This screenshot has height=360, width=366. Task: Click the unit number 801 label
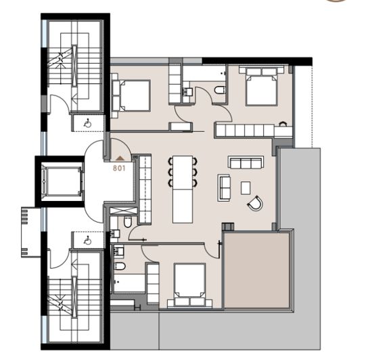[119, 167]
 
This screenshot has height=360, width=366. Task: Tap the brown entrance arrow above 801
[119, 159]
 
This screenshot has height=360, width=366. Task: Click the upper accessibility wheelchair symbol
[87, 123]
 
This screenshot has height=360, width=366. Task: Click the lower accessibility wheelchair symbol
[87, 240]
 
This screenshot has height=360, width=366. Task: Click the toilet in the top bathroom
[220, 91]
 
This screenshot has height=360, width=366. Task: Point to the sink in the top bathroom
[187, 91]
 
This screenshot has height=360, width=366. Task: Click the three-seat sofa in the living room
[246, 162]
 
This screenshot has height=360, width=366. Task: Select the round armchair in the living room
[256, 202]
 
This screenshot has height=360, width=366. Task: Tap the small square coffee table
[245, 187]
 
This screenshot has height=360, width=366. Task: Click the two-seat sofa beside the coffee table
[224, 187]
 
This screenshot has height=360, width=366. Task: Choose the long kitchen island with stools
[183, 189]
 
